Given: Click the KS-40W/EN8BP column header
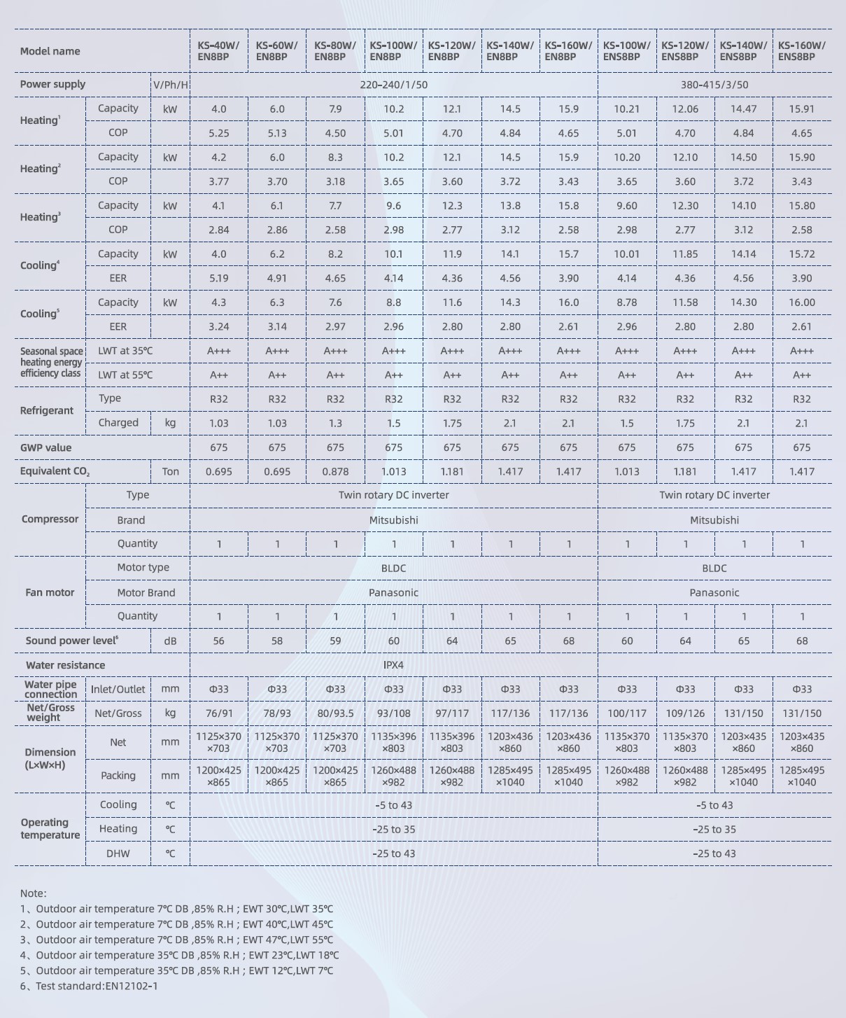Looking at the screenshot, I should click(x=218, y=51).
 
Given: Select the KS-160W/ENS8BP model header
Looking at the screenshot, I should click(x=801, y=51).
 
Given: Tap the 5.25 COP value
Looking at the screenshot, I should click(x=218, y=133).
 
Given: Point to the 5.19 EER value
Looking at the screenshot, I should click(x=218, y=279).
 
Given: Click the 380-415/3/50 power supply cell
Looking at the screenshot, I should click(x=714, y=85).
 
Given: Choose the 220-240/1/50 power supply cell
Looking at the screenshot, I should click(x=393, y=85).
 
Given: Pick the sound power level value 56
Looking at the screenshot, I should click(x=218, y=641).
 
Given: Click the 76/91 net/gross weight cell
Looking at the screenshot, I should click(x=218, y=713).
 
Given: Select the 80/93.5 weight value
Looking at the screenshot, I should click(x=335, y=713).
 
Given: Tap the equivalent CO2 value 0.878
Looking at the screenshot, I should click(x=335, y=472).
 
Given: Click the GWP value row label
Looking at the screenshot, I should click(x=45, y=448).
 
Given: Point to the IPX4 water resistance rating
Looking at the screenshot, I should click(x=393, y=665).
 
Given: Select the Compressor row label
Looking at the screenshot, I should click(x=50, y=520).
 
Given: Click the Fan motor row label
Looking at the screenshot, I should click(x=50, y=592).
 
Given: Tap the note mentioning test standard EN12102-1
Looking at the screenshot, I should click(x=89, y=986).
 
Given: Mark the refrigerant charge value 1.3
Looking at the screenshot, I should click(x=335, y=424).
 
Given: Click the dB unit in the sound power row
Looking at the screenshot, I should click(x=170, y=641).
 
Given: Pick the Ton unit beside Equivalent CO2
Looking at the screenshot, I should click(x=170, y=472).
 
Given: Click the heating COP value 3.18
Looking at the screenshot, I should click(x=335, y=181).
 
